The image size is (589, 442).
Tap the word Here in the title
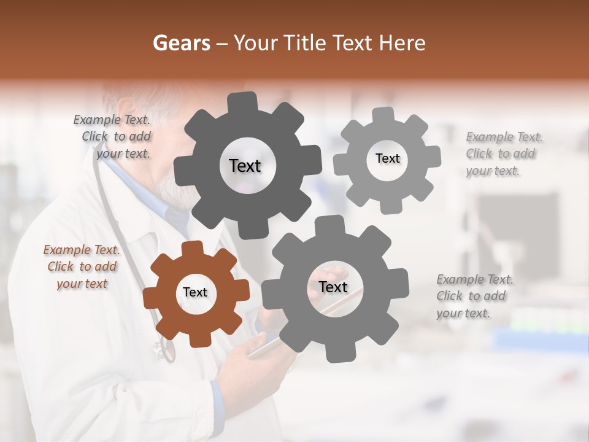pos(402,43)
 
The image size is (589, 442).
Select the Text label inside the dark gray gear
pos(245,166)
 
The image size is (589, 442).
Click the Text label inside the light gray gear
pos(387,158)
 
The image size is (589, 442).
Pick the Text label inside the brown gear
pos(195,292)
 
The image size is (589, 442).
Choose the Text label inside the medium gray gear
pos(333,287)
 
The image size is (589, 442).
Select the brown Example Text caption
pos(82,266)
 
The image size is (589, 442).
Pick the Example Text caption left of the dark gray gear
pos(115,136)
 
